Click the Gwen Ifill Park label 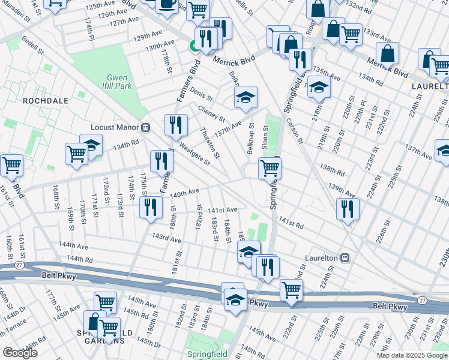(x=119, y=82)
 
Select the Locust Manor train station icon (x=145, y=127)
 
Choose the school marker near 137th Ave (x=245, y=98)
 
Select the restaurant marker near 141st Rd (x=348, y=208)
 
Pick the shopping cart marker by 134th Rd (x=77, y=154)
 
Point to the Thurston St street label (x=211, y=142)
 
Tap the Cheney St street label (x=212, y=114)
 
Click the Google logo (x=20, y=353)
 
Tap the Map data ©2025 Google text (x=412, y=355)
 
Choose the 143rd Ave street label (x=166, y=239)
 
